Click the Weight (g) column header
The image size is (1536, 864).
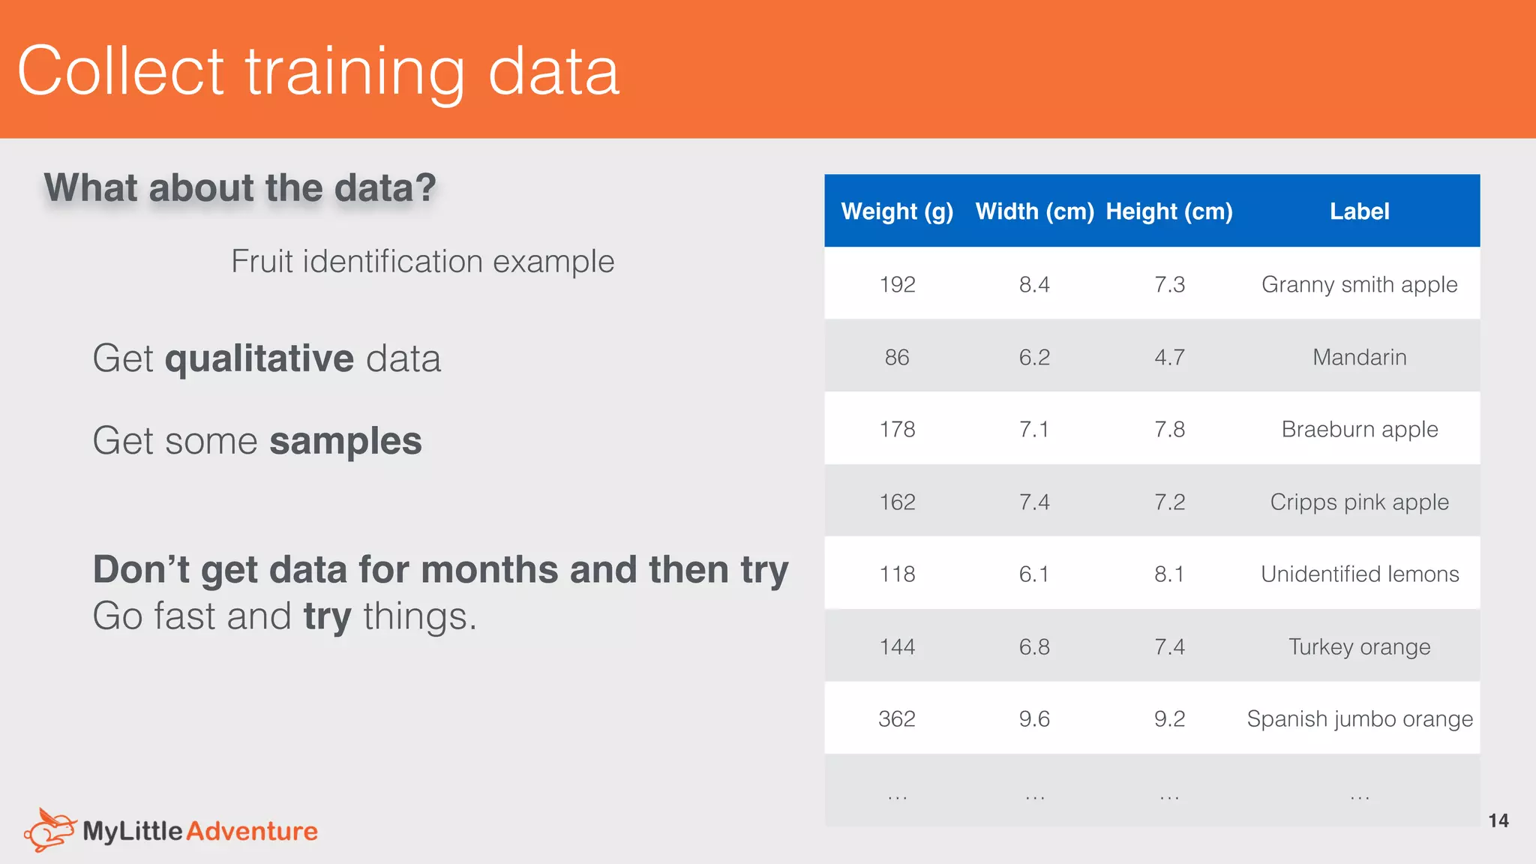click(897, 211)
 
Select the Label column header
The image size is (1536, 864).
click(1359, 211)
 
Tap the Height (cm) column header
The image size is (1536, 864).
click(1168, 211)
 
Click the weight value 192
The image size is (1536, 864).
click(897, 284)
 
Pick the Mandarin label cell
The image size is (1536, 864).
click(1359, 357)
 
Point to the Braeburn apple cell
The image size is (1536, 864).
click(1359, 429)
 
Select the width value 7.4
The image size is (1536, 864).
click(1033, 502)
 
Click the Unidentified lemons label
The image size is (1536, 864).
click(1359, 574)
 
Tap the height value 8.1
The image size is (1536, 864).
click(1168, 574)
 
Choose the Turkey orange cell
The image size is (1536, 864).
click(1359, 646)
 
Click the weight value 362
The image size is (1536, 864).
click(897, 718)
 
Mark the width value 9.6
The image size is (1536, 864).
click(1033, 718)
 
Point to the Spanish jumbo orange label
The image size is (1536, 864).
click(1359, 718)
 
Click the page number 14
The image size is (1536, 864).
click(1498, 820)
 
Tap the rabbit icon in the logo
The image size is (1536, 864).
click(49, 829)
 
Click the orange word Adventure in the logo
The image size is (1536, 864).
click(252, 831)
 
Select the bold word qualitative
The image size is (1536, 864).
click(259, 358)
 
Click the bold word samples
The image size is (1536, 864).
click(345, 441)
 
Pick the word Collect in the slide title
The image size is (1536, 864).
click(120, 70)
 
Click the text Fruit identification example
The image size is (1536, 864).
click(422, 261)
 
